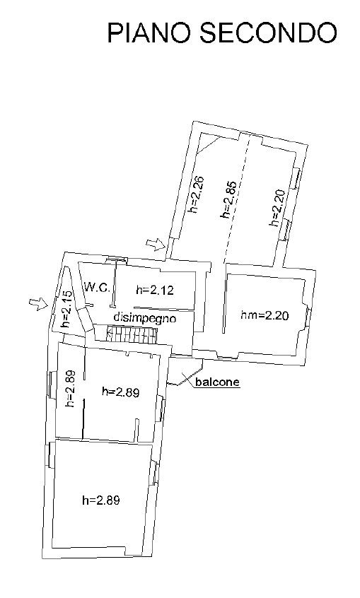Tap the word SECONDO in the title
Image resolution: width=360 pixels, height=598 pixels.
pos(268,33)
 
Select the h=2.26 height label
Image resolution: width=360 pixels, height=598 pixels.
pos(194,194)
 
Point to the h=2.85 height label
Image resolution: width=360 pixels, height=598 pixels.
pos(226,199)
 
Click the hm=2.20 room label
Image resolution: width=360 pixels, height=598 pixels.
pos(265,315)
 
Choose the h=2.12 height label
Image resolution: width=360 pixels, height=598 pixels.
pos(155,291)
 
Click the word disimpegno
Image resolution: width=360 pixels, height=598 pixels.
pos(145,318)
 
